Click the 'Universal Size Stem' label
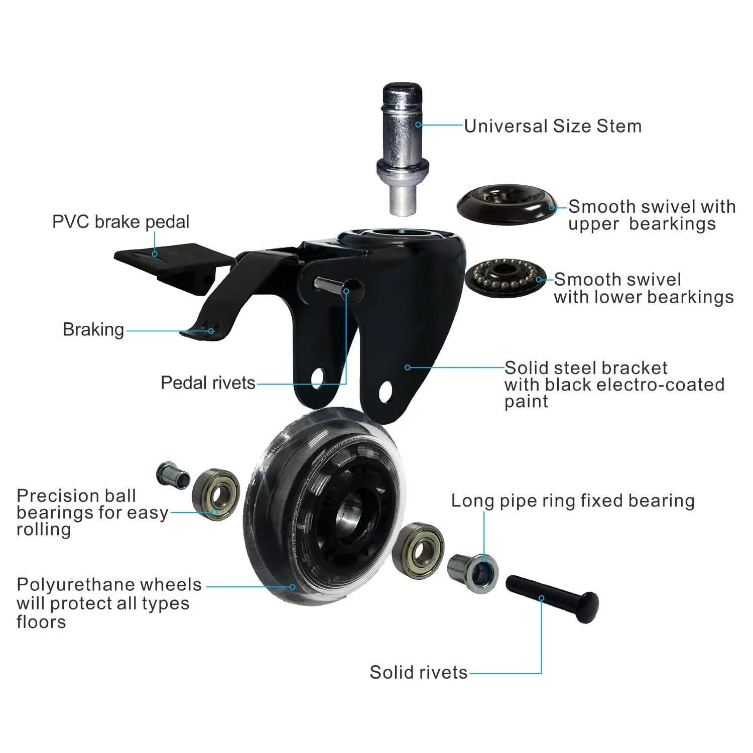pyautogui.click(x=553, y=126)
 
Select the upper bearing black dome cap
pyautogui.click(x=507, y=204)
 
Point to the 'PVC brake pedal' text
pyautogui.click(x=121, y=222)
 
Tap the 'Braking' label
pyautogui.click(x=93, y=330)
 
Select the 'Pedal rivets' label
pyautogui.click(x=208, y=383)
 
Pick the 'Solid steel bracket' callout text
pyautogui.click(x=586, y=368)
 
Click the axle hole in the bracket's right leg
pyautogui.click(x=385, y=392)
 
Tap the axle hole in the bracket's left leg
pyautogui.click(x=318, y=378)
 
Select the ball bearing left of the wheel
pyautogui.click(x=214, y=494)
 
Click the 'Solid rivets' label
pyautogui.click(x=419, y=673)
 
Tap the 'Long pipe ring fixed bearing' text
pyautogui.click(x=573, y=501)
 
